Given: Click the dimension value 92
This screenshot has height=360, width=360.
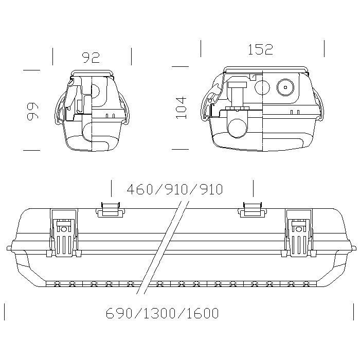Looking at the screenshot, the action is [91, 58].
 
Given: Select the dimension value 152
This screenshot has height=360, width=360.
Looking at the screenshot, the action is [261, 49].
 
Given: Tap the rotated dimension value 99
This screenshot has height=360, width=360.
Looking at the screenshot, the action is [32, 111].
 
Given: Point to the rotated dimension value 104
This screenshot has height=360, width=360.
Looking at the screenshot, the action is [182, 108].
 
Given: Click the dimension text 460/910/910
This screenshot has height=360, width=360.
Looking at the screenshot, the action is [175, 189].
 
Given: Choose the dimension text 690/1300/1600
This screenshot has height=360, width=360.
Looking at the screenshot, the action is [163, 313].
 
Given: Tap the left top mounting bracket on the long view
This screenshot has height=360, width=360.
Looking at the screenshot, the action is [111, 210].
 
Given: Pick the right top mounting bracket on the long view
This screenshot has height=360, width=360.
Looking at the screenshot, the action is [253, 210].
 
